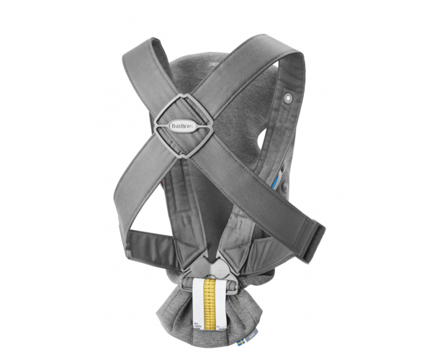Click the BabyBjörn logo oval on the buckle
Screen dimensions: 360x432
click(x=185, y=125)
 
